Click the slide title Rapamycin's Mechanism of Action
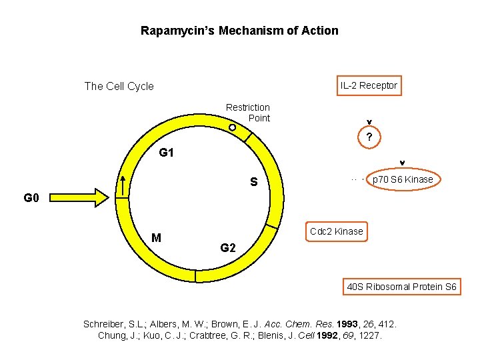click(x=239, y=31)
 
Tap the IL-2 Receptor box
click(x=369, y=85)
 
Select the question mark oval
click(x=369, y=138)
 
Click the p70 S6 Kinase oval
click(x=403, y=179)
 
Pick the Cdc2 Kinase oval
click(x=336, y=231)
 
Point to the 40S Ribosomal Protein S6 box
click(x=401, y=287)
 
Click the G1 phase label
click(x=166, y=153)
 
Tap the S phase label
click(x=254, y=181)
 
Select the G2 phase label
click(x=228, y=248)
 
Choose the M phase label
click(x=156, y=238)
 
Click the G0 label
click(x=32, y=198)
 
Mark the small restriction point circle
click(x=231, y=127)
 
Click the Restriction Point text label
click(x=248, y=113)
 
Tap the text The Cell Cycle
click(x=119, y=86)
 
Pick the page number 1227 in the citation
click(x=370, y=335)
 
